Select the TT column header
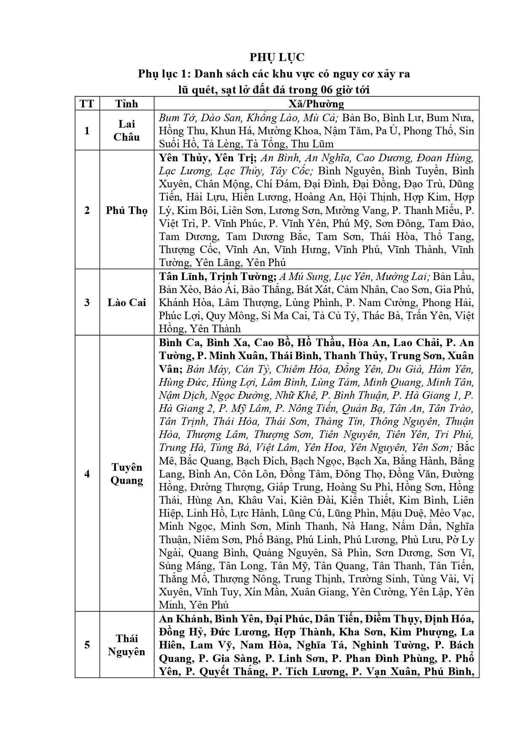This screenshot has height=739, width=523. pos(87,104)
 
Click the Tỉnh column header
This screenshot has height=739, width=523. pos(126,104)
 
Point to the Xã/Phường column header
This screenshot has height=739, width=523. pos(316,104)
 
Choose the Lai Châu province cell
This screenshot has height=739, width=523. pos(126,131)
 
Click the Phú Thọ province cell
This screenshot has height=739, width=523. pos(126,210)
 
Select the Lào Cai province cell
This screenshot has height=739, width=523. pos(126,302)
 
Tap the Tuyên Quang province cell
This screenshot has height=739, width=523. pos(126,474)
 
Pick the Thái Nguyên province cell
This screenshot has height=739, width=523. pos(126,645)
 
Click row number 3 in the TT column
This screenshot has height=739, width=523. pos(87,302)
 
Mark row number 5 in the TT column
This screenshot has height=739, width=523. pos(87,645)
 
